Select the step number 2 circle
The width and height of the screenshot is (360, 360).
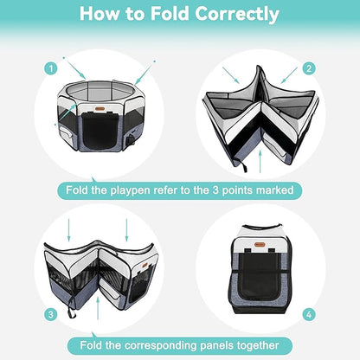coord(309,67)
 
